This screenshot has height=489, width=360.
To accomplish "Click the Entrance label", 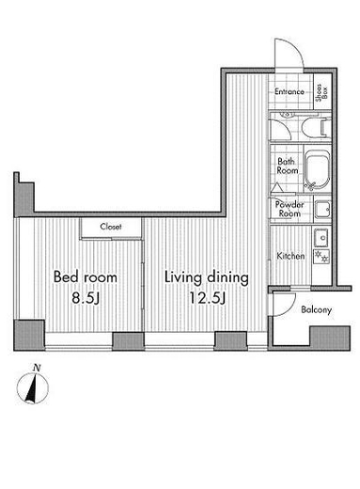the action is pyautogui.click(x=290, y=91).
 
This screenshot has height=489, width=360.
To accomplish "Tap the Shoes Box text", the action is pyautogui.click(x=322, y=92).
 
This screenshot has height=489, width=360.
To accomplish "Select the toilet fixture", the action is pyautogui.click(x=315, y=128).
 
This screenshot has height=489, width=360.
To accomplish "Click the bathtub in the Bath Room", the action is pyautogui.click(x=317, y=169).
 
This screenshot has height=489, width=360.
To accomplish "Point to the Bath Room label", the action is pyautogui.click(x=287, y=166).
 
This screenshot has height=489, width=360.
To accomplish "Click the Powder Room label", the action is pyautogui.click(x=290, y=209).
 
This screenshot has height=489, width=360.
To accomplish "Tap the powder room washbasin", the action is pyautogui.click(x=322, y=210).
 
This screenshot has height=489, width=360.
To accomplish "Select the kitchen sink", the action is pyautogui.click(x=321, y=237).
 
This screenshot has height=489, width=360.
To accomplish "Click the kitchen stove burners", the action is pyautogui.click(x=321, y=256).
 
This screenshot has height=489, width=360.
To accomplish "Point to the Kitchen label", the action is pyautogui.click(x=290, y=256).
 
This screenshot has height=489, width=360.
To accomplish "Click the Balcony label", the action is pyautogui.click(x=316, y=309).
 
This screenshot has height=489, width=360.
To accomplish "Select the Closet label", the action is pyautogui.click(x=111, y=227).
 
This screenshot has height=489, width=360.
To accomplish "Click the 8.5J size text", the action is pyautogui.click(x=86, y=298).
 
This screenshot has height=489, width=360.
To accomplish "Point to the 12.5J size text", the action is pyautogui.click(x=207, y=298).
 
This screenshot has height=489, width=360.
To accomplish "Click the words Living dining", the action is pyautogui.click(x=207, y=277).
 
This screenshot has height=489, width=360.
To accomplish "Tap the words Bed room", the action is pyautogui.click(x=86, y=276).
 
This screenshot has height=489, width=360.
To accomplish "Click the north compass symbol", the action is pyautogui.click(x=33, y=387).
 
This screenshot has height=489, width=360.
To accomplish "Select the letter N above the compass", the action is pyautogui.click(x=37, y=368).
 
